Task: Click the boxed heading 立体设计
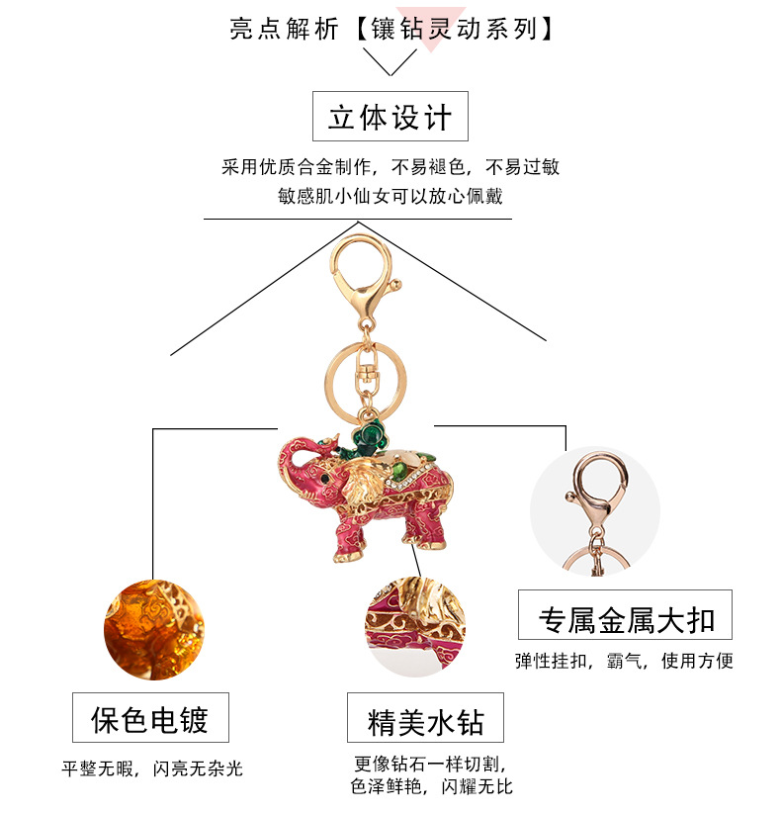point(390,117)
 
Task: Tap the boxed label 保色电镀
point(150,718)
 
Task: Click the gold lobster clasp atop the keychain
point(361,267)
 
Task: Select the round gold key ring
point(358,372)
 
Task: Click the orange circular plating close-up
point(145,629)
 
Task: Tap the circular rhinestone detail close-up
point(415,626)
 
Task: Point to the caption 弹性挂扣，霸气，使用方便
point(624,661)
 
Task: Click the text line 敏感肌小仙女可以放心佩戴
point(390,195)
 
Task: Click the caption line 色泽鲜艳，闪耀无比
point(431,786)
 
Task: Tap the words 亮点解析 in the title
point(285,29)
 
